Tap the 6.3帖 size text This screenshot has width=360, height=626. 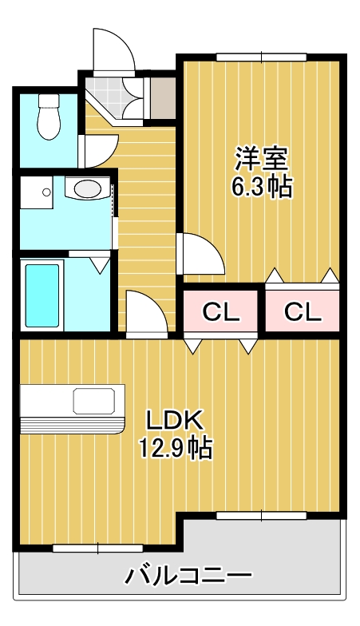[261, 188]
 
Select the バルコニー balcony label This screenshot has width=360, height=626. [188, 575]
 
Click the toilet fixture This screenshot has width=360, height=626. [49, 117]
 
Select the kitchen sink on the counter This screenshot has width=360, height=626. [96, 398]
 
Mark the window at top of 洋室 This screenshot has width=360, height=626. [260, 56]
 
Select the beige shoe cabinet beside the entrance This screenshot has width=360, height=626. [162, 95]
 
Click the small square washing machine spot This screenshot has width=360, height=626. [35, 193]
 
